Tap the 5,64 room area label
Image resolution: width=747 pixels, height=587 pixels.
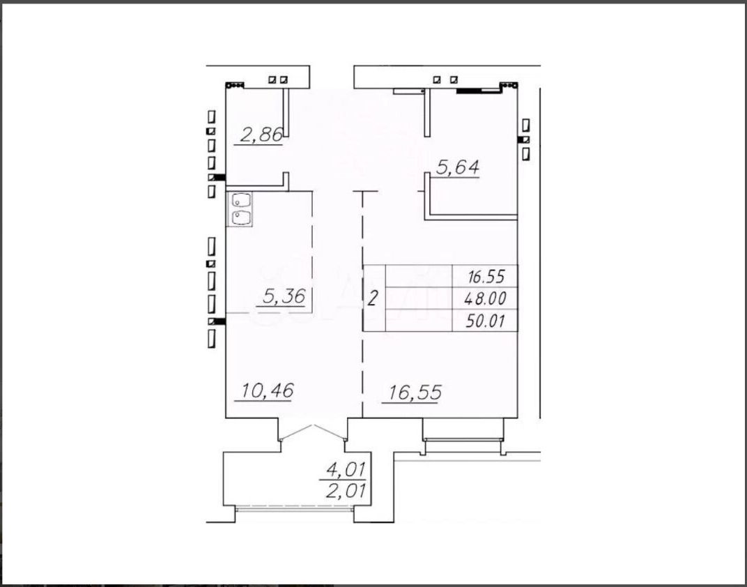pyautogui.click(x=459, y=168)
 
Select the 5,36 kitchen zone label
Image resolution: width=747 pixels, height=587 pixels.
pyautogui.click(x=284, y=297)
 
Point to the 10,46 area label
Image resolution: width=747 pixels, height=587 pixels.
pyautogui.click(x=268, y=391)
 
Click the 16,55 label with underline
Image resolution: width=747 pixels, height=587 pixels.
pyautogui.click(x=415, y=393)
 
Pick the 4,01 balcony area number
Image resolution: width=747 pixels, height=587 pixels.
pyautogui.click(x=346, y=470)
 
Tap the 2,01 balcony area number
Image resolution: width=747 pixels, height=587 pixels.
pyautogui.click(x=346, y=490)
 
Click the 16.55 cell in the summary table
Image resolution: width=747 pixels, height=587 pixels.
pyautogui.click(x=486, y=276)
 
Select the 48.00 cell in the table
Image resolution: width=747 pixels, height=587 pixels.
pyautogui.click(x=486, y=299)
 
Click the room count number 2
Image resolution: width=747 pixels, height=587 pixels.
pyautogui.click(x=373, y=299)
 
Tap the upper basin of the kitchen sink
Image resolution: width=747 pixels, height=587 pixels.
pyautogui.click(x=240, y=200)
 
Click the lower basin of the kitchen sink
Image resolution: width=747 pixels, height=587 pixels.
pyautogui.click(x=240, y=218)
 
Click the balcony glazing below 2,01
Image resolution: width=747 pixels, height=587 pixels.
pyautogui.click(x=295, y=508)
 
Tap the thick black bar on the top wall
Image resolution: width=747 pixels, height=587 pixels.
pyautogui.click(x=469, y=91)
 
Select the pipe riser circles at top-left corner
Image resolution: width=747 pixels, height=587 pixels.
pyautogui.click(x=235, y=86)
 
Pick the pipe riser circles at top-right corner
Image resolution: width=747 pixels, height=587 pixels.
pyautogui.click(x=509, y=86)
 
